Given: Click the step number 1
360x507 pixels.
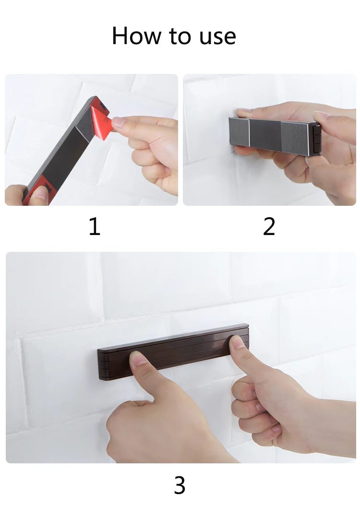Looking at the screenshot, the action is (95, 226).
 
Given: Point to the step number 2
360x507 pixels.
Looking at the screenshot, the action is (269, 226).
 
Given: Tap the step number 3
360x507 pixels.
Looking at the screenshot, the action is (180, 485).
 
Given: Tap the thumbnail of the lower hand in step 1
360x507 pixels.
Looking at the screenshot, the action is (41, 193).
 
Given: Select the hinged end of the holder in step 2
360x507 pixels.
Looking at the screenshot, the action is (317, 140).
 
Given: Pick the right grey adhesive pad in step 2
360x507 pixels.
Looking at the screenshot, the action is (295, 137).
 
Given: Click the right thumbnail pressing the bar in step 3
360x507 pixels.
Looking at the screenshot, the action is (238, 342).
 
